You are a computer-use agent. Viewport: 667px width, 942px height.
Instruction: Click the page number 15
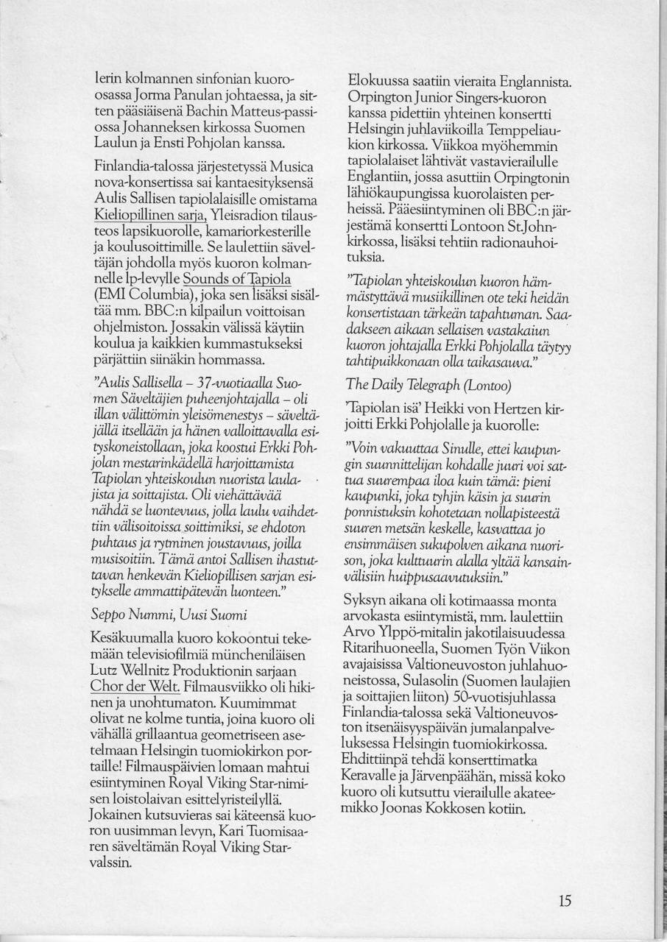tap(565, 899)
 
